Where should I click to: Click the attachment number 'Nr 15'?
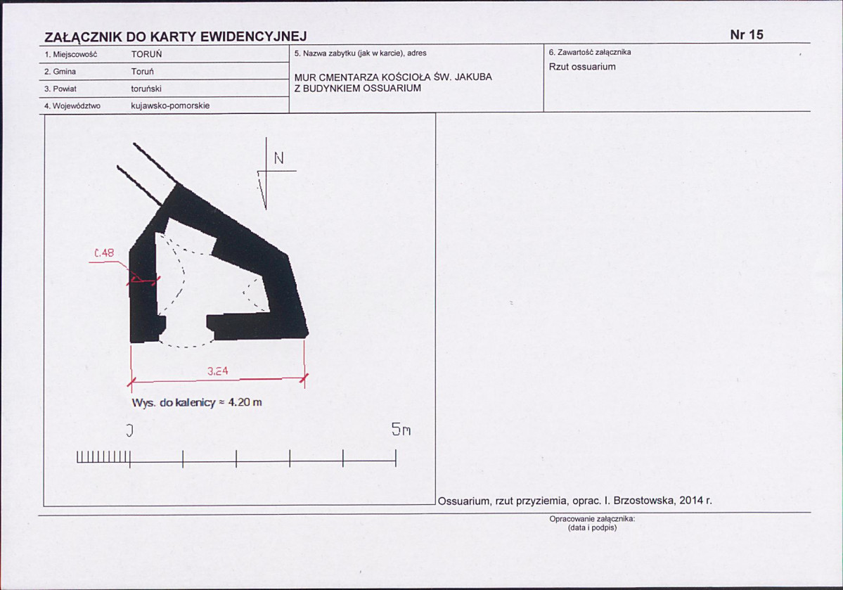point(747,35)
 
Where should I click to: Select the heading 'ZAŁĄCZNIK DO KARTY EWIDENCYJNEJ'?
point(175,37)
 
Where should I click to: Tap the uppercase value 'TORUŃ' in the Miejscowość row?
point(146,54)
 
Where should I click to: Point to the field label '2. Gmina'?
point(60,72)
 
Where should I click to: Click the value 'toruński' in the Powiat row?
point(146,89)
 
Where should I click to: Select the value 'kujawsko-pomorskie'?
point(170,106)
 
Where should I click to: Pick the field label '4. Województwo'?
point(72,106)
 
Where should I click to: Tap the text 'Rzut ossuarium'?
point(582,67)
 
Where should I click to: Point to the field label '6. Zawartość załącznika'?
point(590,52)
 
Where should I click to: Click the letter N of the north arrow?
point(278,158)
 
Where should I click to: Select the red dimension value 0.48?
point(104,252)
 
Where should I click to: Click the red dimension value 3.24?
point(218,371)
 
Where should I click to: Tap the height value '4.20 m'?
point(245,402)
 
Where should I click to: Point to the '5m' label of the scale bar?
point(401,429)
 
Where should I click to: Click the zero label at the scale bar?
point(129,430)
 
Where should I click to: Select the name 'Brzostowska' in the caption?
point(644,501)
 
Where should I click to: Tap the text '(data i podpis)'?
point(593,528)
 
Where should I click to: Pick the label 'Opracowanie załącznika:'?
point(593,519)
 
